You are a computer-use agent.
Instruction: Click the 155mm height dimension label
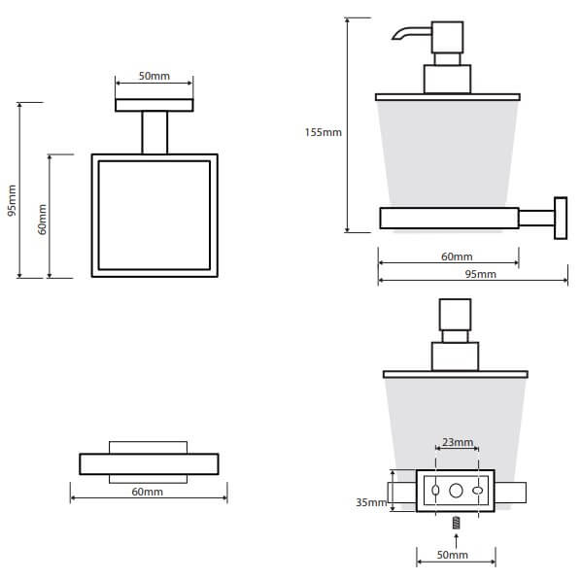[x=324, y=132]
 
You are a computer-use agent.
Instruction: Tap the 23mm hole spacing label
[x=458, y=442]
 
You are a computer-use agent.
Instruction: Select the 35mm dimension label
[x=371, y=502]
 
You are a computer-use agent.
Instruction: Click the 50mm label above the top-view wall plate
[x=154, y=76]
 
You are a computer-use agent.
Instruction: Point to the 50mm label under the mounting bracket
[x=452, y=555]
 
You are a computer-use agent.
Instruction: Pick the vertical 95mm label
[x=12, y=200]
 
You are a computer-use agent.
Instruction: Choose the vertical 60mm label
[x=42, y=220]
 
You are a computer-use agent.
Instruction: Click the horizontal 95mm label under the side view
[x=481, y=274]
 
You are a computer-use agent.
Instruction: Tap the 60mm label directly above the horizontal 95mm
[x=457, y=256]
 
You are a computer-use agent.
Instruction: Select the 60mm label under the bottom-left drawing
[x=147, y=492]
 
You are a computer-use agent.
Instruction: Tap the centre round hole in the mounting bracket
[x=456, y=491]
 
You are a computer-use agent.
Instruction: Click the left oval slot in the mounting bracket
[x=435, y=491]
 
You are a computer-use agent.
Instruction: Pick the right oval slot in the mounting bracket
[x=478, y=491]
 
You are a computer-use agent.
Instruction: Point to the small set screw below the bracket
[x=456, y=523]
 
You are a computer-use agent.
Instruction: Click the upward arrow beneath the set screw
[x=456, y=540]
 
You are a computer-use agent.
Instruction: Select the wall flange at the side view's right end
[x=561, y=218]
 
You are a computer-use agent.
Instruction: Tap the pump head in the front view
[x=455, y=315]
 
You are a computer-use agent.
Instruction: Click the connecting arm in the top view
[x=154, y=133]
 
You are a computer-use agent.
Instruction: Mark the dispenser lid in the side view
[x=448, y=97]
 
